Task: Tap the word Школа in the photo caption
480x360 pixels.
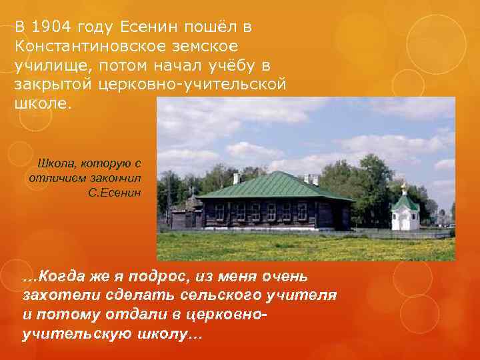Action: (x=56, y=163)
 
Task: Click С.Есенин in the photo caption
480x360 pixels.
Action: (x=114, y=193)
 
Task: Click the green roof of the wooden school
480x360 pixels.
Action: (x=273, y=185)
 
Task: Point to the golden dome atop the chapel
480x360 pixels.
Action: (x=404, y=187)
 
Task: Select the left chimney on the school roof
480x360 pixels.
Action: (x=236, y=178)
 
